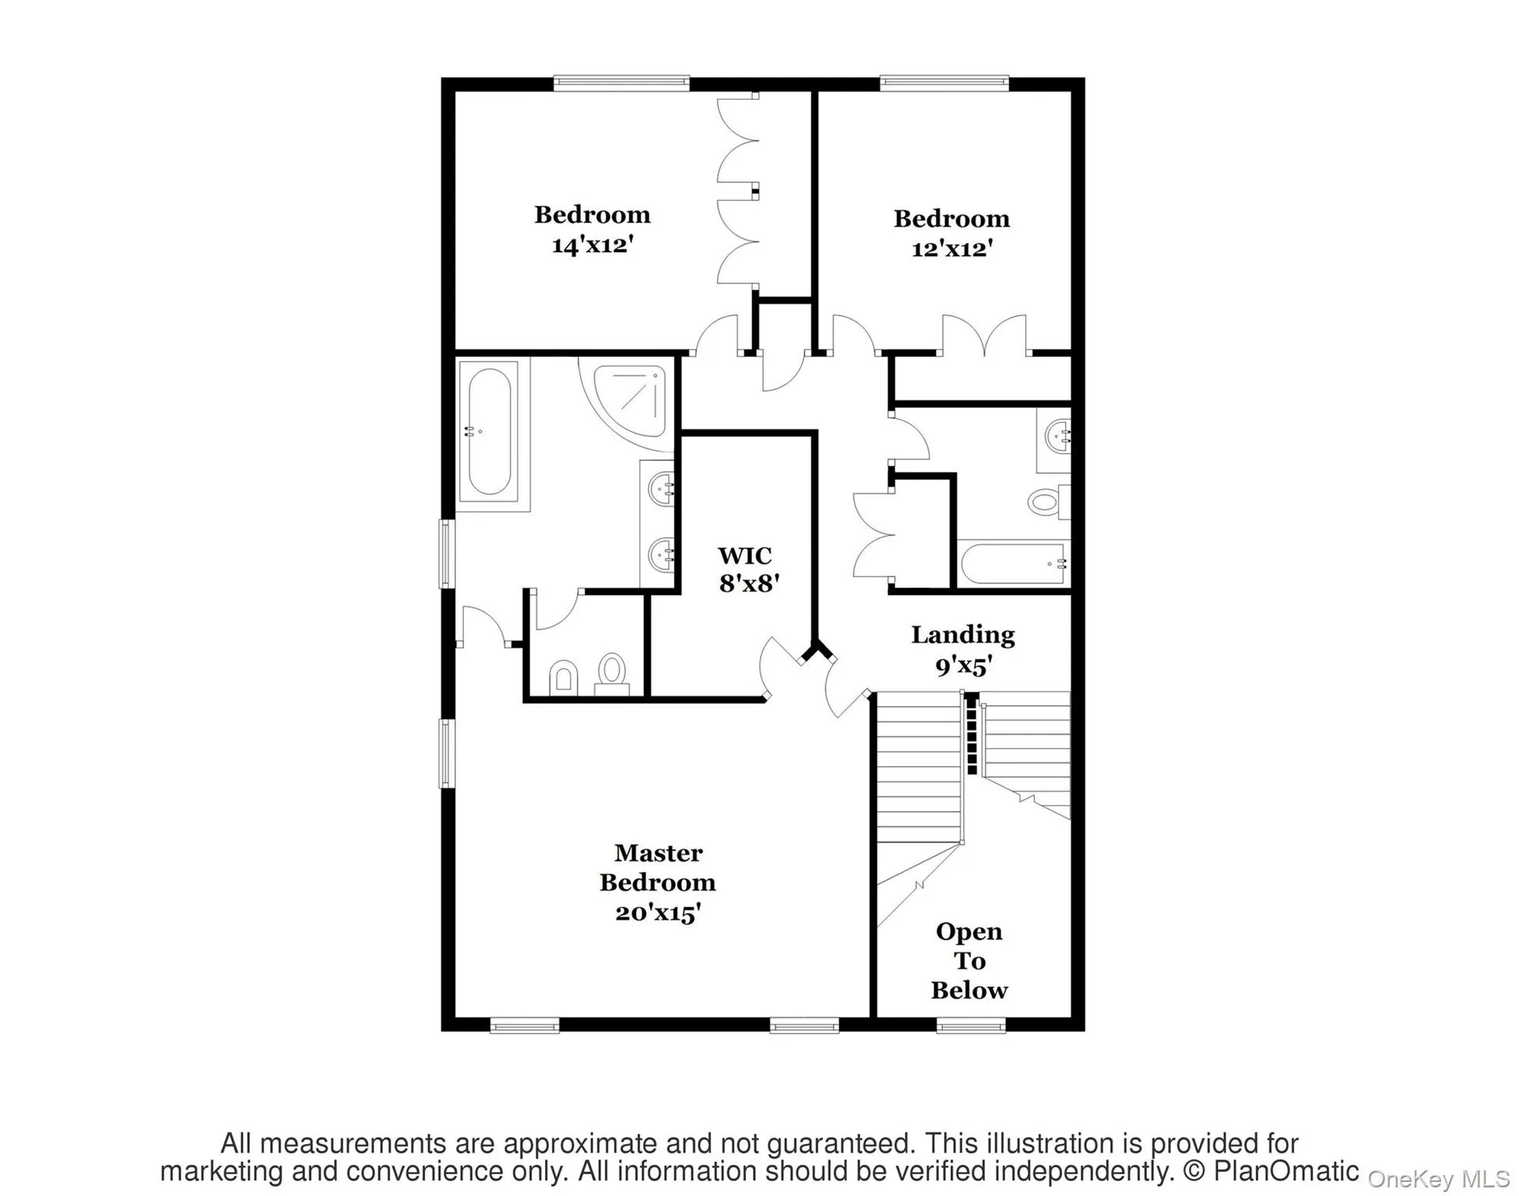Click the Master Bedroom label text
(x=658, y=867)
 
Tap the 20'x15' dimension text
(x=658, y=913)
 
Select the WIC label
(x=745, y=556)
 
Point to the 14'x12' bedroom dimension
(x=592, y=245)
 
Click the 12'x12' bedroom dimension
(x=952, y=249)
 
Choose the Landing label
(x=963, y=635)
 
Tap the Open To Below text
(x=969, y=961)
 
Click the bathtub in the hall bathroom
(x=1012, y=564)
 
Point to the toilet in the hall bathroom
(x=1046, y=501)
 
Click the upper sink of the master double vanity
(x=662, y=489)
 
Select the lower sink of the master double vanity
(x=662, y=554)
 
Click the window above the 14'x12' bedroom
(x=621, y=83)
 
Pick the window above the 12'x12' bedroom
(x=944, y=83)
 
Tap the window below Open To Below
(x=971, y=1026)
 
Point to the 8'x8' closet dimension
(x=749, y=584)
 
